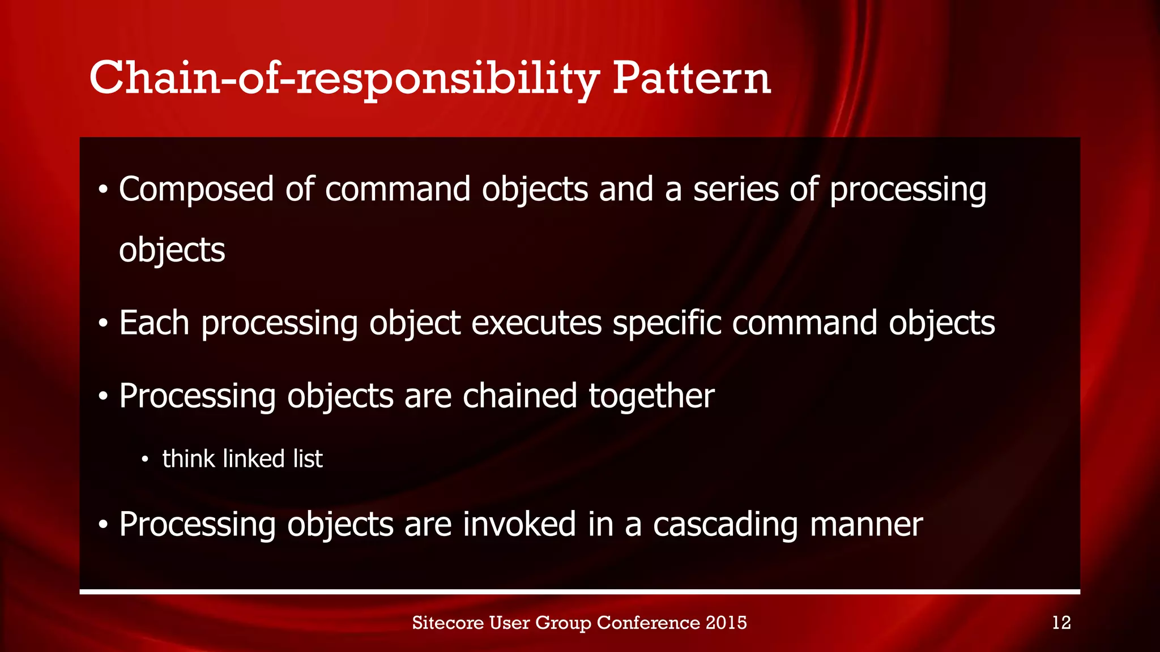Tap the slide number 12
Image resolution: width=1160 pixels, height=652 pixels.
1061,623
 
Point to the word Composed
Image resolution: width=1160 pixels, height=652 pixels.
196,190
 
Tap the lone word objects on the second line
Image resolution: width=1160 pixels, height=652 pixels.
172,251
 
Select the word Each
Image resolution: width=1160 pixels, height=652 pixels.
154,323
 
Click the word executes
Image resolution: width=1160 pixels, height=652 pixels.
536,323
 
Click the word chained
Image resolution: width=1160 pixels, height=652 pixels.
519,396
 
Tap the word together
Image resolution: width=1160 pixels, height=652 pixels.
651,397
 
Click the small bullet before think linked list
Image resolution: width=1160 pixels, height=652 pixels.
145,460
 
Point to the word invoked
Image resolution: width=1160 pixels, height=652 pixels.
519,524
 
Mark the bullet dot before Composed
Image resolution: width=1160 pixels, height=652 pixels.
103,191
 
